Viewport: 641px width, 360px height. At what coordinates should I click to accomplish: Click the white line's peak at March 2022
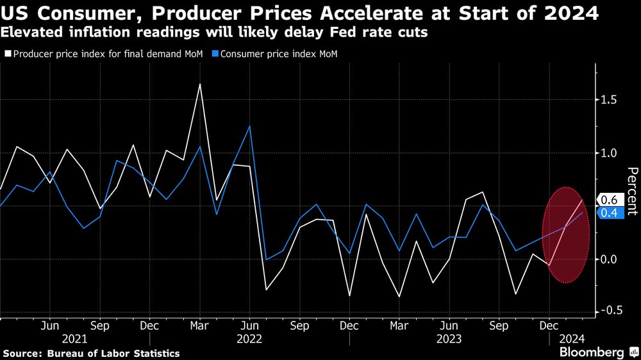[x=200, y=84]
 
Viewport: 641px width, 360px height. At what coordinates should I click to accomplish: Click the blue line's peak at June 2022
[x=249, y=126]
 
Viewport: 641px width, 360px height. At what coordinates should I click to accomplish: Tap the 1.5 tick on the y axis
[x=609, y=100]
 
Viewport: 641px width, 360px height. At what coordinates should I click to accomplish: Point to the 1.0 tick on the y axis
[x=609, y=153]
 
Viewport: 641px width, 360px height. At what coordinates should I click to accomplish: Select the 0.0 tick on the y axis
[x=609, y=259]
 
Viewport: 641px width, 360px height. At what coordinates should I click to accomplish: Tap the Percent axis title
[x=632, y=192]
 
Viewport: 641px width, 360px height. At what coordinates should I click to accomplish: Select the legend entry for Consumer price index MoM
[x=278, y=54]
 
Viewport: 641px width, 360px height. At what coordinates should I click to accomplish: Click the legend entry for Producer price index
[x=106, y=54]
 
